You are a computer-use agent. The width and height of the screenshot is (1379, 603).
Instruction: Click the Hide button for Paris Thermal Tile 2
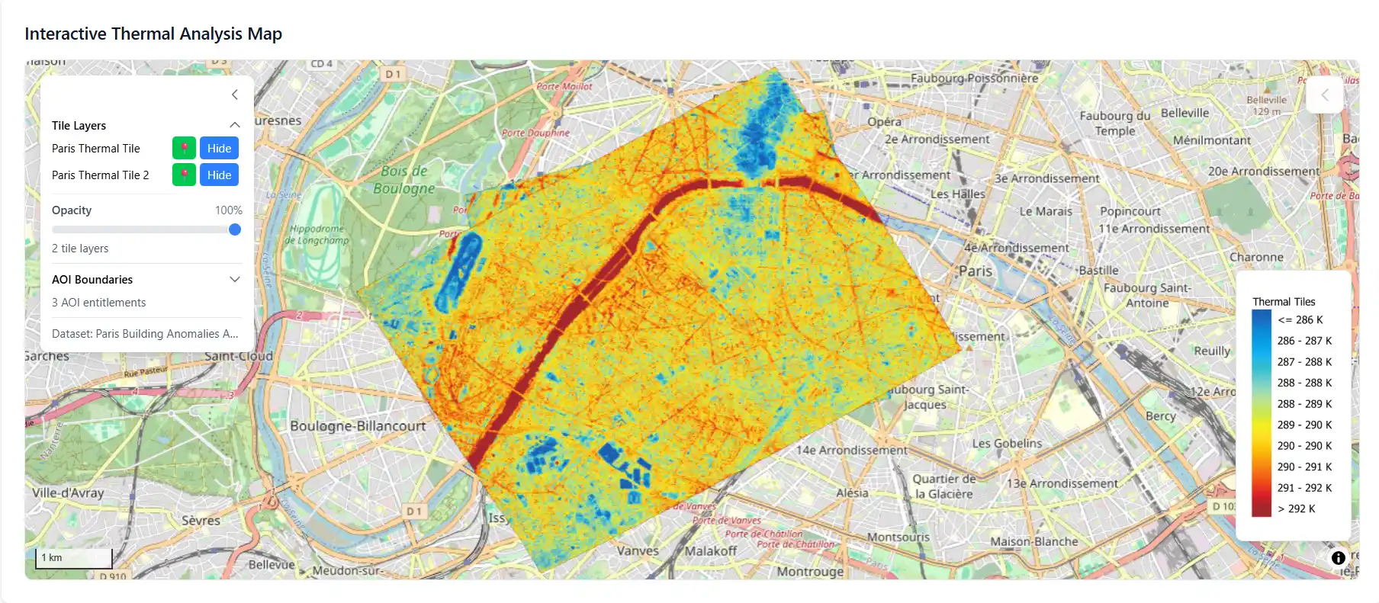coord(219,175)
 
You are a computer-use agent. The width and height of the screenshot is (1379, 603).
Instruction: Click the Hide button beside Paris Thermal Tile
coord(219,149)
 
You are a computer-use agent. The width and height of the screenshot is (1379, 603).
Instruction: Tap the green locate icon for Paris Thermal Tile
coord(184,149)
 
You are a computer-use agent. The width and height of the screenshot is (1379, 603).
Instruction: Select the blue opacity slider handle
coord(235,229)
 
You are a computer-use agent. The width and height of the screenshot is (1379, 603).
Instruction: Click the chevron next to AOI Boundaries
coord(235,280)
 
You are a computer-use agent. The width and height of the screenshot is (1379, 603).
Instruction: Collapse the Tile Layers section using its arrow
coord(235,125)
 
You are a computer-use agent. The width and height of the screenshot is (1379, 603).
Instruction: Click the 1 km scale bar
coord(74,558)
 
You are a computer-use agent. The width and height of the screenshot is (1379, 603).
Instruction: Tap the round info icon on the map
coord(1338,558)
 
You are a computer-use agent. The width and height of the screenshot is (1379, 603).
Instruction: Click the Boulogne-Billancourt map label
coord(358,426)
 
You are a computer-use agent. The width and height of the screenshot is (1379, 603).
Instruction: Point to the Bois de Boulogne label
coord(404,180)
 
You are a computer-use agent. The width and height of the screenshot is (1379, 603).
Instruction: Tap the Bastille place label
coord(1098,271)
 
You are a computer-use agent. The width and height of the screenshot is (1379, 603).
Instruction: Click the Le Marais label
coord(1046,212)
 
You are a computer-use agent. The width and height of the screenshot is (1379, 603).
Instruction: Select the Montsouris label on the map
coord(898,537)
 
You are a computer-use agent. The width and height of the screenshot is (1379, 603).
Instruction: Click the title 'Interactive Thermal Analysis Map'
coord(153,34)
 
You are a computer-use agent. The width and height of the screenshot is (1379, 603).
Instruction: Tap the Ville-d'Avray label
coord(68,493)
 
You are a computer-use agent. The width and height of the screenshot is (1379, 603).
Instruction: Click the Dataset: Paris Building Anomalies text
coord(145,334)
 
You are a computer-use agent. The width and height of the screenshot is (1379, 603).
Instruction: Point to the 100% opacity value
coord(228,210)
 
